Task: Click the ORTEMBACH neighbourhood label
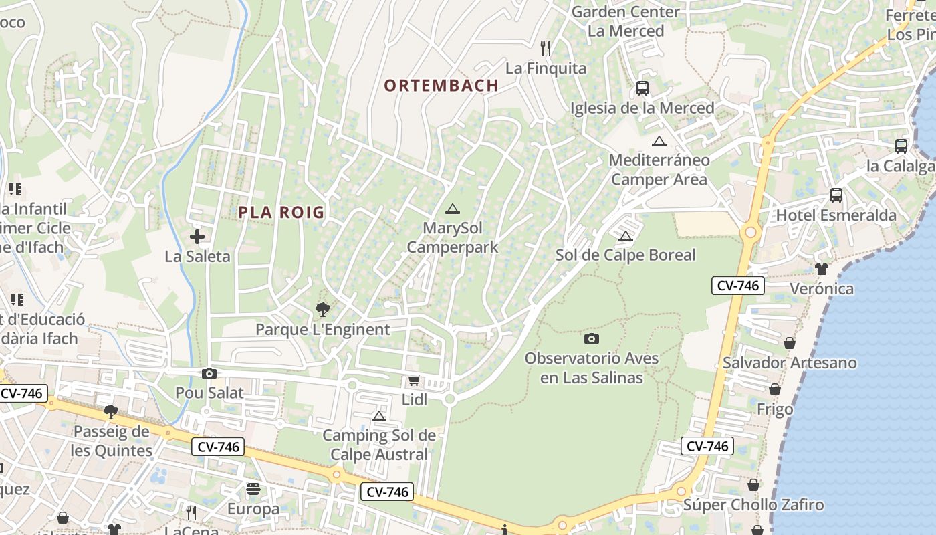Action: point(441,86)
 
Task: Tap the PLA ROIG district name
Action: point(281,213)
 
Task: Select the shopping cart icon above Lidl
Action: point(414,381)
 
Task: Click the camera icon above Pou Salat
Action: point(209,374)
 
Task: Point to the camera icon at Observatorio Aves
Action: point(592,339)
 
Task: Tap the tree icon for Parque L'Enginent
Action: point(322,310)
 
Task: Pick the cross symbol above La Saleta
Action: point(197,237)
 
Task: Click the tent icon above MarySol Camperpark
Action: point(453,209)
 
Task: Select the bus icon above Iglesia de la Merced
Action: point(642,88)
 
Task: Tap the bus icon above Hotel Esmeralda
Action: point(836,195)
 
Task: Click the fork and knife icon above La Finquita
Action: point(546,47)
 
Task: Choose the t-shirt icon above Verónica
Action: point(822,269)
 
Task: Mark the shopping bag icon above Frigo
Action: point(775,389)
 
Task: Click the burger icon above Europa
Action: point(253,490)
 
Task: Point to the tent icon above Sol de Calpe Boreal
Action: point(625,236)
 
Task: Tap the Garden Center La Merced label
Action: point(626,21)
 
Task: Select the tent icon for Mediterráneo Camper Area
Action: point(659,142)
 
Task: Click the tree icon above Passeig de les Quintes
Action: point(111,412)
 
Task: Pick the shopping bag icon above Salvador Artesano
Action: point(790,343)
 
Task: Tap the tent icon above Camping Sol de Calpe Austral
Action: point(379,417)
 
